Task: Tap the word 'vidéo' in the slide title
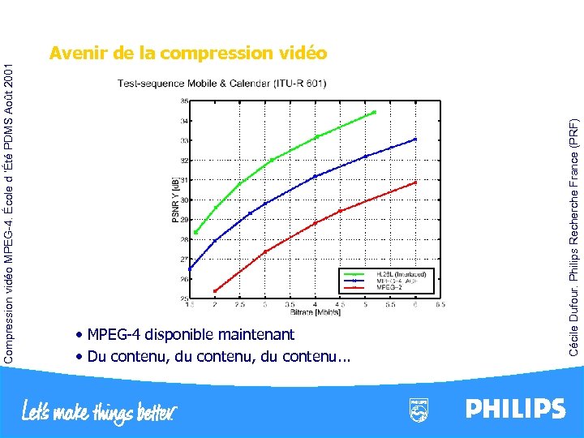pos(302,54)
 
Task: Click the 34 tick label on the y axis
pos(184,121)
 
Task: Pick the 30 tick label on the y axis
pos(184,200)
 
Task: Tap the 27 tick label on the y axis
pos(184,260)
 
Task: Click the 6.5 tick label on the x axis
pos(440,305)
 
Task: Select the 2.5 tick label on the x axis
pos(239,305)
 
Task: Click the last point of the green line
pos(375,112)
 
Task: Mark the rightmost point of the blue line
pos(415,140)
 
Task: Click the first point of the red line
pos(215,290)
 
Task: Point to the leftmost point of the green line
pos(195,233)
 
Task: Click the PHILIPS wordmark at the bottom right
pos(515,408)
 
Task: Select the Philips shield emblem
pos(419,409)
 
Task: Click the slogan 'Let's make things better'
pos(99,411)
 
